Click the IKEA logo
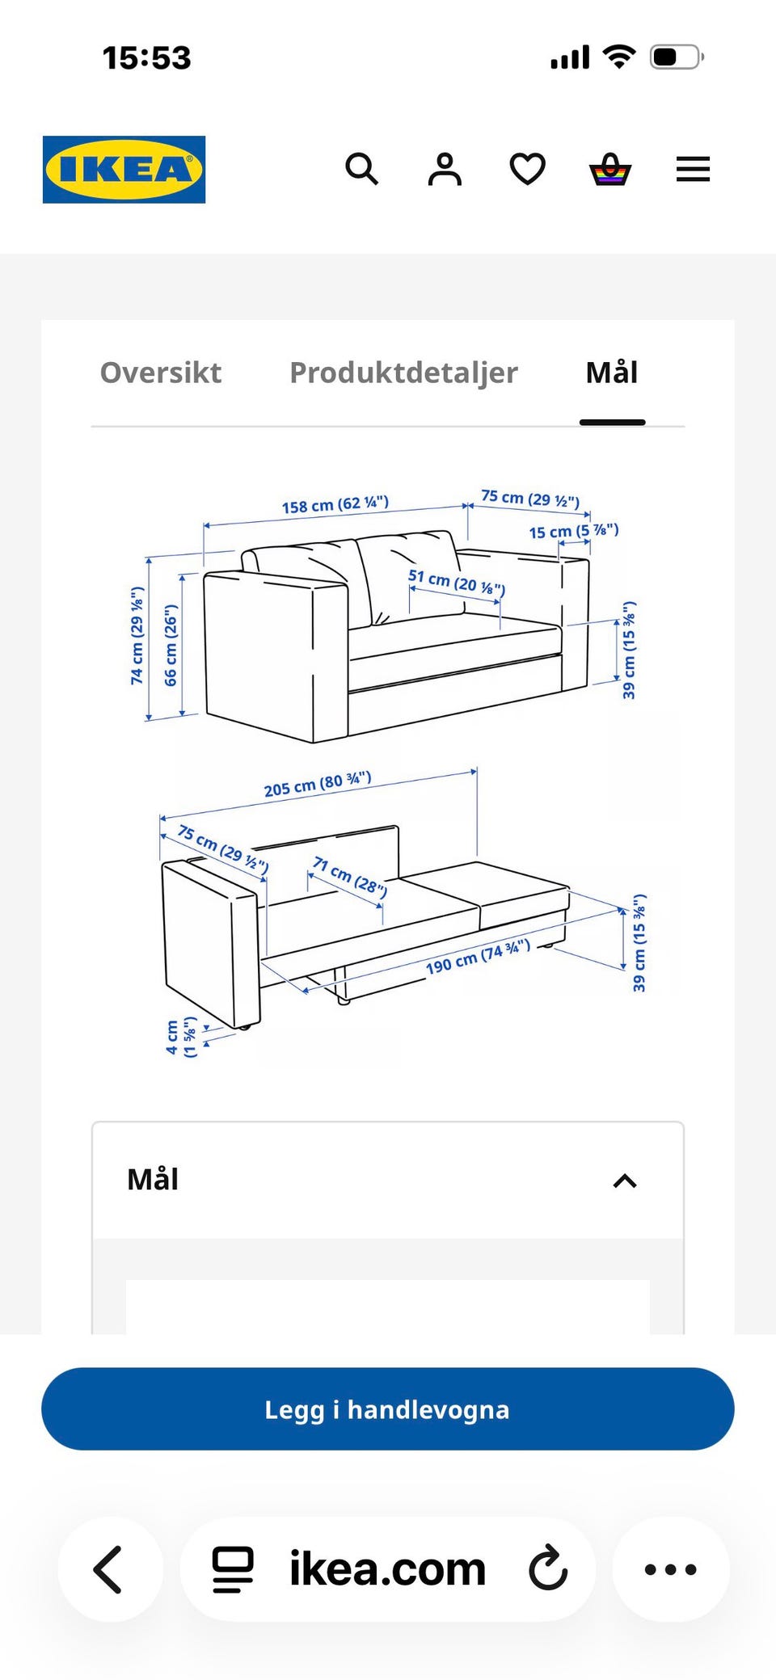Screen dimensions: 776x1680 pos(124,170)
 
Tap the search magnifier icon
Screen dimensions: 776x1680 pos(361,170)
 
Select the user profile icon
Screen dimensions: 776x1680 pos(445,170)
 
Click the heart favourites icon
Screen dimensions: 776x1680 pos(528,170)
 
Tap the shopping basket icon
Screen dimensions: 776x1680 pos(610,170)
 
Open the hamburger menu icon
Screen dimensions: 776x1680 pos(693,170)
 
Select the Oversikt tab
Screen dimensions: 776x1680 pos(161,373)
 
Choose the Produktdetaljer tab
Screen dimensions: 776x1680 pos(403,373)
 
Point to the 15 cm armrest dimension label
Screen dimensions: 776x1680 pos(574,531)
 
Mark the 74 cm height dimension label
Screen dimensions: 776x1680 pos(137,636)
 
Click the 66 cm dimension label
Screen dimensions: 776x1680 pos(171,646)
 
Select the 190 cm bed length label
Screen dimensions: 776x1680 pos(478,957)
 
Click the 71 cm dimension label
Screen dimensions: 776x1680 pos(350,878)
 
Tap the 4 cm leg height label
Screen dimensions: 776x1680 pos(181,1038)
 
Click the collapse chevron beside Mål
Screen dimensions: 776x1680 pos(625,1181)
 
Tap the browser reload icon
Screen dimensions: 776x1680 pos(549,1568)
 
